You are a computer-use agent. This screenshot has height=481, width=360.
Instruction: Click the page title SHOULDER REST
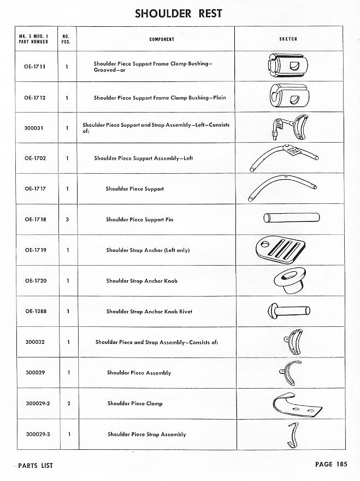point(179,14)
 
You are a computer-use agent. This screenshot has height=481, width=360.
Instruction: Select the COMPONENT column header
point(162,39)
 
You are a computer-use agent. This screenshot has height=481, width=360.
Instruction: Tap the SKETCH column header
point(287,39)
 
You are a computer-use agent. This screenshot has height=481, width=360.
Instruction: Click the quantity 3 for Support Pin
point(67,220)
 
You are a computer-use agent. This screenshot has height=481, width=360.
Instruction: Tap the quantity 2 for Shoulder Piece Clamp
point(67,404)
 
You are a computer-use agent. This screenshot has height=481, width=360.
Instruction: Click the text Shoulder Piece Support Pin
point(139,220)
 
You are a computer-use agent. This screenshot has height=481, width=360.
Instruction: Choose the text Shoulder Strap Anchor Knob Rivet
point(149,312)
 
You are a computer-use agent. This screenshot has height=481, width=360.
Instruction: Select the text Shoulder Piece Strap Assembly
point(146,435)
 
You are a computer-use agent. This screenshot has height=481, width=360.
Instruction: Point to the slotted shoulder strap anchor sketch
point(278,250)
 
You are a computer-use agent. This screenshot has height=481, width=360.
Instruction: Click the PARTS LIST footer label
point(36,466)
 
